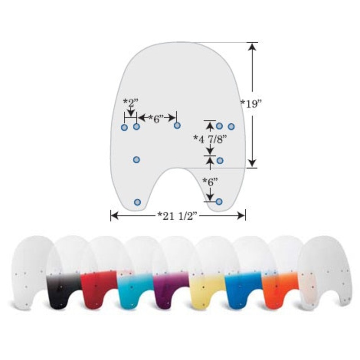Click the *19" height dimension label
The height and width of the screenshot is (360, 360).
(252, 104)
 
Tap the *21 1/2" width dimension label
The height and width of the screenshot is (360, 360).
(177, 216)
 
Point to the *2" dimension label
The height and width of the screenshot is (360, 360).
(130, 103)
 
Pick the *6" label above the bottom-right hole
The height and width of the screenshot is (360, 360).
(210, 182)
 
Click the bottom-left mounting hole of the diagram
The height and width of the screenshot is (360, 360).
(137, 202)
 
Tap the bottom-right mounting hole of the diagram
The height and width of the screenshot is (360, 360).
(219, 202)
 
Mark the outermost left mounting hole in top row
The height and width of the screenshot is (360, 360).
(124, 127)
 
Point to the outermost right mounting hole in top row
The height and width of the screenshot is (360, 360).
(231, 126)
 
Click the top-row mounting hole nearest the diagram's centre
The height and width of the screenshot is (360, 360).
(177, 126)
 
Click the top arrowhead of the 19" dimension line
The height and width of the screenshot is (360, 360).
(252, 46)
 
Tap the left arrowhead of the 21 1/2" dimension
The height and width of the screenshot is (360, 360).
(115, 216)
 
